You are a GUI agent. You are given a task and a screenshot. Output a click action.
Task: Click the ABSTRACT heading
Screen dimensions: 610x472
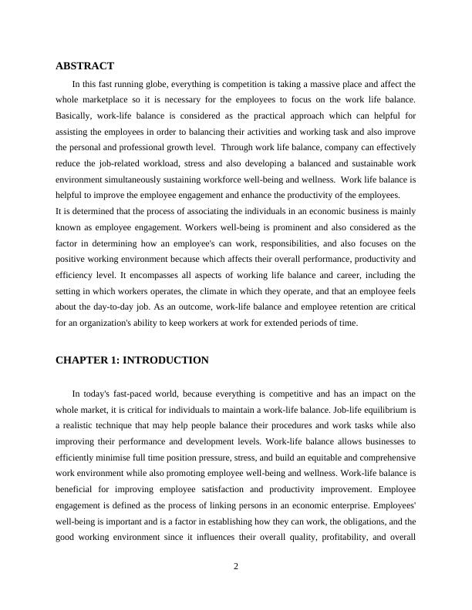click(85, 66)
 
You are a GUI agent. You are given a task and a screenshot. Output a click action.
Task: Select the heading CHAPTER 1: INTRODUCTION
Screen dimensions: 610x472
click(132, 360)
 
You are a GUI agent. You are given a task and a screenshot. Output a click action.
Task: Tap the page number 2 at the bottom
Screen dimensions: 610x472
click(236, 567)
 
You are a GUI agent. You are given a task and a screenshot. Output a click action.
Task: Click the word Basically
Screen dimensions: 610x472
click(75, 116)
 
